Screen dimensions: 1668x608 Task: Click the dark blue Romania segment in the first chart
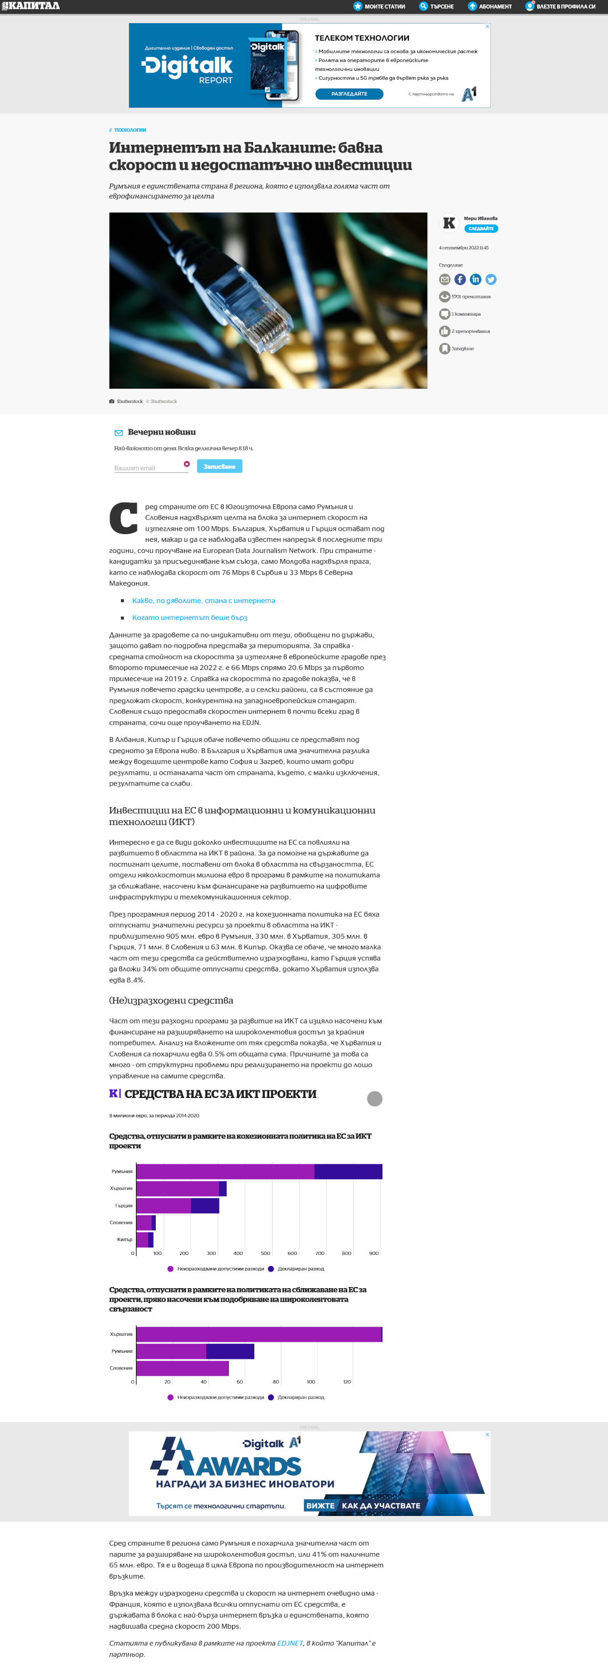pos(348,1172)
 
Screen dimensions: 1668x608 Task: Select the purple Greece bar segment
pos(163,1206)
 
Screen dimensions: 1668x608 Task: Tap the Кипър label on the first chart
pos(124,1240)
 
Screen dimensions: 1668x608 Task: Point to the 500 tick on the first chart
pos(265,1253)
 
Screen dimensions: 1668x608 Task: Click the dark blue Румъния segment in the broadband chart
pos(230,1351)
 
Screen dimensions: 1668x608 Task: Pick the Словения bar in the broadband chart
pos(182,1368)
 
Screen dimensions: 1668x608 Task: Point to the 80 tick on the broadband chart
pos(276,1382)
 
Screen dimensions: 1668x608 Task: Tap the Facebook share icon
pos(460,279)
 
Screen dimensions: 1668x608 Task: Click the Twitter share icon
pos(491,279)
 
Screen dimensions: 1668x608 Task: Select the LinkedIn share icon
pos(475,279)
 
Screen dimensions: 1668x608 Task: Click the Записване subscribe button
pos(219,466)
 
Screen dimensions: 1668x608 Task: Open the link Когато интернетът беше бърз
pos(190,618)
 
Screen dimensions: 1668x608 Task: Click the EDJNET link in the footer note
pos(290,1643)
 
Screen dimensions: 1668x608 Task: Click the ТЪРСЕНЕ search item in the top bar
pos(437,7)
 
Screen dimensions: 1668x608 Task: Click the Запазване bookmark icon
pos(444,348)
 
